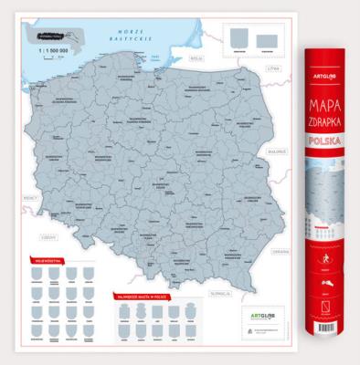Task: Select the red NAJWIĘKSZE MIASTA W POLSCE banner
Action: point(143,296)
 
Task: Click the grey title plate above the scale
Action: point(48,38)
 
